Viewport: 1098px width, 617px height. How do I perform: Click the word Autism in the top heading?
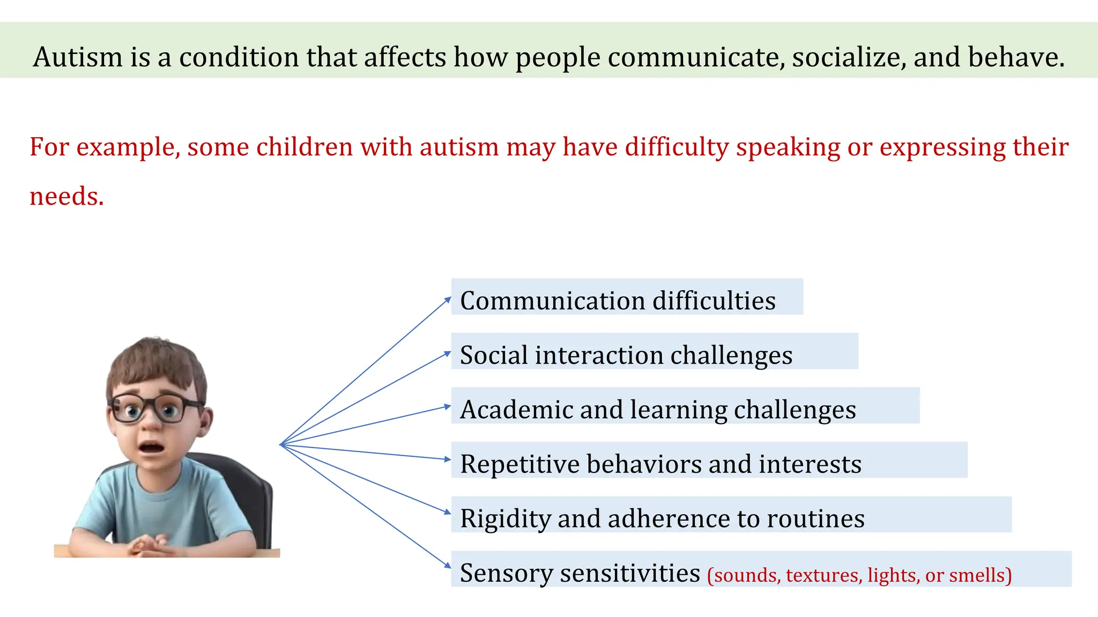pos(77,57)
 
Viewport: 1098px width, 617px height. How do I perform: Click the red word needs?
pos(66,196)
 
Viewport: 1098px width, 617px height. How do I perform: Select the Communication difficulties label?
pos(618,300)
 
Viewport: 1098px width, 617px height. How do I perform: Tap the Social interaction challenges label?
pos(626,355)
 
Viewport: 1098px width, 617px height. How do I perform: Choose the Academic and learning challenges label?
pos(658,410)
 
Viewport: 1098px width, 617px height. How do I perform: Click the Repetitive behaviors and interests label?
pos(661,464)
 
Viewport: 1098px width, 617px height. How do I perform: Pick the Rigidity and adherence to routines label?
pos(662,518)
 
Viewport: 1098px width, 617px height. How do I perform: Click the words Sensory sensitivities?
pos(580,573)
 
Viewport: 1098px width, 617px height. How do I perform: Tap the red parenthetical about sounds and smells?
pos(859,575)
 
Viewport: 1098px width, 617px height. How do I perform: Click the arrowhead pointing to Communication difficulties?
pos(448,299)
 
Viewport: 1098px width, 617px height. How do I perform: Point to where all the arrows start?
pos(281,445)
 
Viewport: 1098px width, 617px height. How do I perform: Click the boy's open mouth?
pos(151,447)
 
